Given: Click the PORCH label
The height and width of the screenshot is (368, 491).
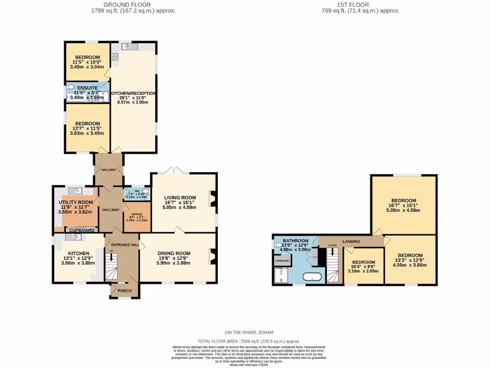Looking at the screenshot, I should tap(125, 290).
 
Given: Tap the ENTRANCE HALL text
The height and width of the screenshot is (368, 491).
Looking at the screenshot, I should tap(122, 245).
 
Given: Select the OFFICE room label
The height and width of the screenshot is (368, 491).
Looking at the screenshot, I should tap(130, 214).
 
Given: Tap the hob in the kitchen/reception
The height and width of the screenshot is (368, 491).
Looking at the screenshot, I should tap(115, 57).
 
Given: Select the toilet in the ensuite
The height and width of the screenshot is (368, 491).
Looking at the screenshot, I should tap(70, 88).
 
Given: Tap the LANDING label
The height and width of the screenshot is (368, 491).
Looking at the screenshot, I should tap(351, 241).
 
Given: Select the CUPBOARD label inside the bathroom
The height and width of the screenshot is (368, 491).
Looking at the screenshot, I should tap(281, 261).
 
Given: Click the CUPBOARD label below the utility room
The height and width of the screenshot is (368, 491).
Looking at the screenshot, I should tap(82, 230).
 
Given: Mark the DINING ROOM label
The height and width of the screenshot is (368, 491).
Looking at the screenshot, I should tap(174, 253).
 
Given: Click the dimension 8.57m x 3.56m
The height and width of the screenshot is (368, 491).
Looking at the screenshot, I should tap(133, 102).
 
